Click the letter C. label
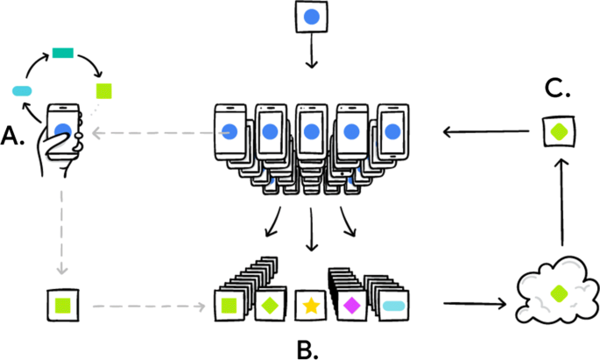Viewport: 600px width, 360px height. click(x=557, y=88)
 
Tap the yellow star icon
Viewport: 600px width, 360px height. click(x=310, y=307)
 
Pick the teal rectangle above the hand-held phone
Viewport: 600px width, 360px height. click(x=62, y=54)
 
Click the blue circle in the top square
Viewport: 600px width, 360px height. click(x=311, y=17)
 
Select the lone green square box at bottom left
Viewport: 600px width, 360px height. click(x=62, y=306)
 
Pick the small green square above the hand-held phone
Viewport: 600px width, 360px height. click(x=104, y=89)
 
